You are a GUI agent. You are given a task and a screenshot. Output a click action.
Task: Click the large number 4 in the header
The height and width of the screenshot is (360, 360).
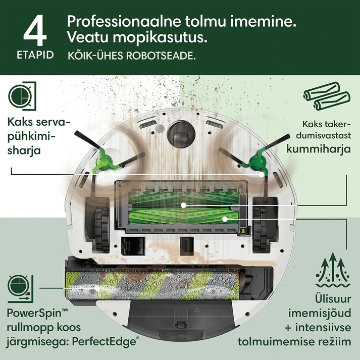[x=35, y=30]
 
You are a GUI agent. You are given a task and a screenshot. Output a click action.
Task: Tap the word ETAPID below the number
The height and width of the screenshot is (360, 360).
[x=35, y=55]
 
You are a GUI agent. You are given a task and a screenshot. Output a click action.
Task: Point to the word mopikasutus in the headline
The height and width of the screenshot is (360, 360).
[x=160, y=38]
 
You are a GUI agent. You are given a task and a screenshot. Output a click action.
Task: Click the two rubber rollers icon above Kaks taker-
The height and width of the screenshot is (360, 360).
[x=327, y=96]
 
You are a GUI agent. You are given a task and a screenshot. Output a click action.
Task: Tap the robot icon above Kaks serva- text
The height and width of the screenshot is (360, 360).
[x=22, y=96]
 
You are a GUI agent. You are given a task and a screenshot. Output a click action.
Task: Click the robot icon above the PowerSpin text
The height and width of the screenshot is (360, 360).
[x=20, y=289]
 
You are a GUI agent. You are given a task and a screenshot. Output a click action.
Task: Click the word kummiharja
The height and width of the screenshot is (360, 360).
[x=319, y=149]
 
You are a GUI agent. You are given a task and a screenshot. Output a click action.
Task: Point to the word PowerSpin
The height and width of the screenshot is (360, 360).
[x=34, y=314]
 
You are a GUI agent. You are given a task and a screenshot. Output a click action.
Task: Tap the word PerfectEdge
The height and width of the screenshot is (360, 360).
[x=104, y=342]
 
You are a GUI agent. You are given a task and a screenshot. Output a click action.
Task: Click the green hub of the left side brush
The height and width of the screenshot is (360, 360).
[x=103, y=160]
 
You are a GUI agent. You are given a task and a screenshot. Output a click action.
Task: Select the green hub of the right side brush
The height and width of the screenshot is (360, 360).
[x=257, y=162]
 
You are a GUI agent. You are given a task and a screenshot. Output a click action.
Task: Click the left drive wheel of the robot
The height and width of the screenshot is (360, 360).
[x=102, y=229]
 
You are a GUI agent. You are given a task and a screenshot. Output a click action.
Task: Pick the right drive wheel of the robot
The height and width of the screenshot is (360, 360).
[x=261, y=229]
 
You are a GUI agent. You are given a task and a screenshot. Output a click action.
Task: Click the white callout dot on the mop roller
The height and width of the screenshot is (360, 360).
[x=97, y=288]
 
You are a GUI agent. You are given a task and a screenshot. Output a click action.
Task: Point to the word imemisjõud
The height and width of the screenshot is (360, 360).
[x=320, y=314]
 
